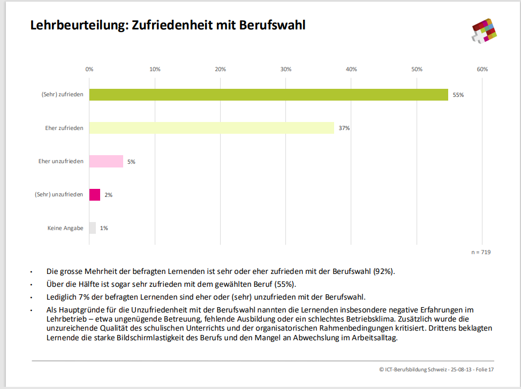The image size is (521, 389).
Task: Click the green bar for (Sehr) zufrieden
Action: point(268,95)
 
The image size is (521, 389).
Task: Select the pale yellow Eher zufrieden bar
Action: point(212,128)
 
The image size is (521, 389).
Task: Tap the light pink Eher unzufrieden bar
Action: point(106,161)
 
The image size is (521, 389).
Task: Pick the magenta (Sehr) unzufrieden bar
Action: point(95,195)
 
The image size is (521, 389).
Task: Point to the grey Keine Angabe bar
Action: point(93,228)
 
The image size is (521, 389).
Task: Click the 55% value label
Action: point(458,95)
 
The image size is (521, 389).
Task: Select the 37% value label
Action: point(344,128)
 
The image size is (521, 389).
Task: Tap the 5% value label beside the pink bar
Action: point(131,162)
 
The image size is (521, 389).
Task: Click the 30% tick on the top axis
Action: point(286,69)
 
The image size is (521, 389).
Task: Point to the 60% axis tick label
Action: point(482,69)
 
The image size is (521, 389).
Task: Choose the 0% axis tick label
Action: point(89,69)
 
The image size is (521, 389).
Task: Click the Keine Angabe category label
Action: point(65,228)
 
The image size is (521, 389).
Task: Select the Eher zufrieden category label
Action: point(64,128)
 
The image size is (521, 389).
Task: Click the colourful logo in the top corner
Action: point(484,30)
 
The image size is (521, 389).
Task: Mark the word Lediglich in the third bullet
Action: point(61,297)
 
